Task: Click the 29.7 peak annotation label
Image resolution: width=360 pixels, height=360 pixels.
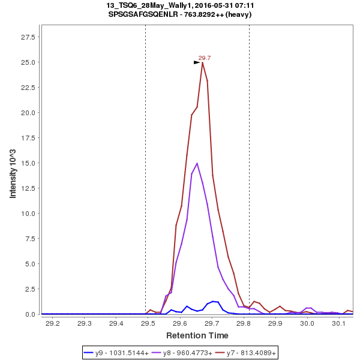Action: coord(205,58)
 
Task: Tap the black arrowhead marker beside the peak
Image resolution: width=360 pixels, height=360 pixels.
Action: coord(197,62)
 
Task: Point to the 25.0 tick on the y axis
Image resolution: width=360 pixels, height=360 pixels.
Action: coord(28,62)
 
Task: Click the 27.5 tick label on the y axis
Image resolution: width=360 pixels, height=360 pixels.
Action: coord(28,37)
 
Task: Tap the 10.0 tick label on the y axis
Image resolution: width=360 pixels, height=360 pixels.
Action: coord(28,214)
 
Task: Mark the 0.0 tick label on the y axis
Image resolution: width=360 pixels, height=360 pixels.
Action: coord(31,314)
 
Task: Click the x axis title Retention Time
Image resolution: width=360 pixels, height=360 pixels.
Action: coord(197,335)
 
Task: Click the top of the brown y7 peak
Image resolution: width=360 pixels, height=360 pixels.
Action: coord(202,62)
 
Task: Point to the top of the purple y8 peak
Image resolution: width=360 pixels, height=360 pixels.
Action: coord(197,163)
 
